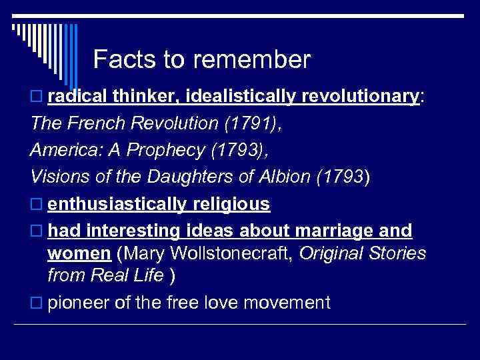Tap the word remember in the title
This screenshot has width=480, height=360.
pos(253,60)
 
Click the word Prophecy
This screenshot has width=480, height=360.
pos(164,150)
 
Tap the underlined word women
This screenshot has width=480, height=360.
pos(79,253)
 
